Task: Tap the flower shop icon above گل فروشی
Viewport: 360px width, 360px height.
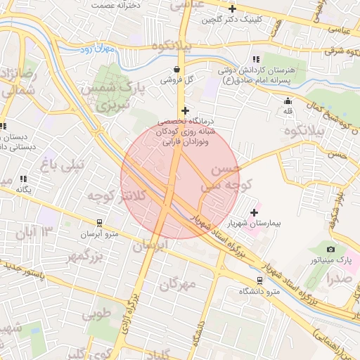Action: [175, 69]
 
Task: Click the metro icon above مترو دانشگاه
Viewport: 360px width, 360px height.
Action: [259, 279]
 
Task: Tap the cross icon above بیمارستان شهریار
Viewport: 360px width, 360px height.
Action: [254, 212]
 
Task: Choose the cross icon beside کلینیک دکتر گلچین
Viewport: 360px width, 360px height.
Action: [232, 8]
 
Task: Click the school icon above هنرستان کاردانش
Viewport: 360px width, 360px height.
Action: [256, 59]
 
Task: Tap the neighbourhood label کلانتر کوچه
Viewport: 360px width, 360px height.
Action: [117, 198]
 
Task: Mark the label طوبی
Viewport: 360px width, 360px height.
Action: [96, 314]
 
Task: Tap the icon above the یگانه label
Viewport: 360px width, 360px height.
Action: [24, 179]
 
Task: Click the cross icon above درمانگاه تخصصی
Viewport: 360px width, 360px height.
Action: [185, 110]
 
